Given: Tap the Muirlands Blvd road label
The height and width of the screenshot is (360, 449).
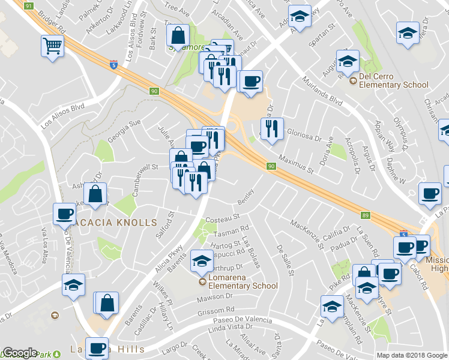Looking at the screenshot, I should coord(322,91).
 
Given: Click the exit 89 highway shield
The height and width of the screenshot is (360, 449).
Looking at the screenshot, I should coord(366,215).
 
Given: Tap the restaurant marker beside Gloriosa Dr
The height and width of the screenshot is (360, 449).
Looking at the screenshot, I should coord(272,130).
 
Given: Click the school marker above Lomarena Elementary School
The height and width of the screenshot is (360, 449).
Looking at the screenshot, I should coord(202,262).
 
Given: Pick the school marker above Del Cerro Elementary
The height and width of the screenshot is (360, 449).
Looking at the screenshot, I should coord(347,62).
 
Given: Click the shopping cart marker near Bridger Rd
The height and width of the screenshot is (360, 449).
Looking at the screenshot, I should coord(52,46).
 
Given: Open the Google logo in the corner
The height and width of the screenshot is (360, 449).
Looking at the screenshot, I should coord(20,353).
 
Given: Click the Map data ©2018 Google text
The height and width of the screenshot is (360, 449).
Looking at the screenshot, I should coord(412,355).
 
